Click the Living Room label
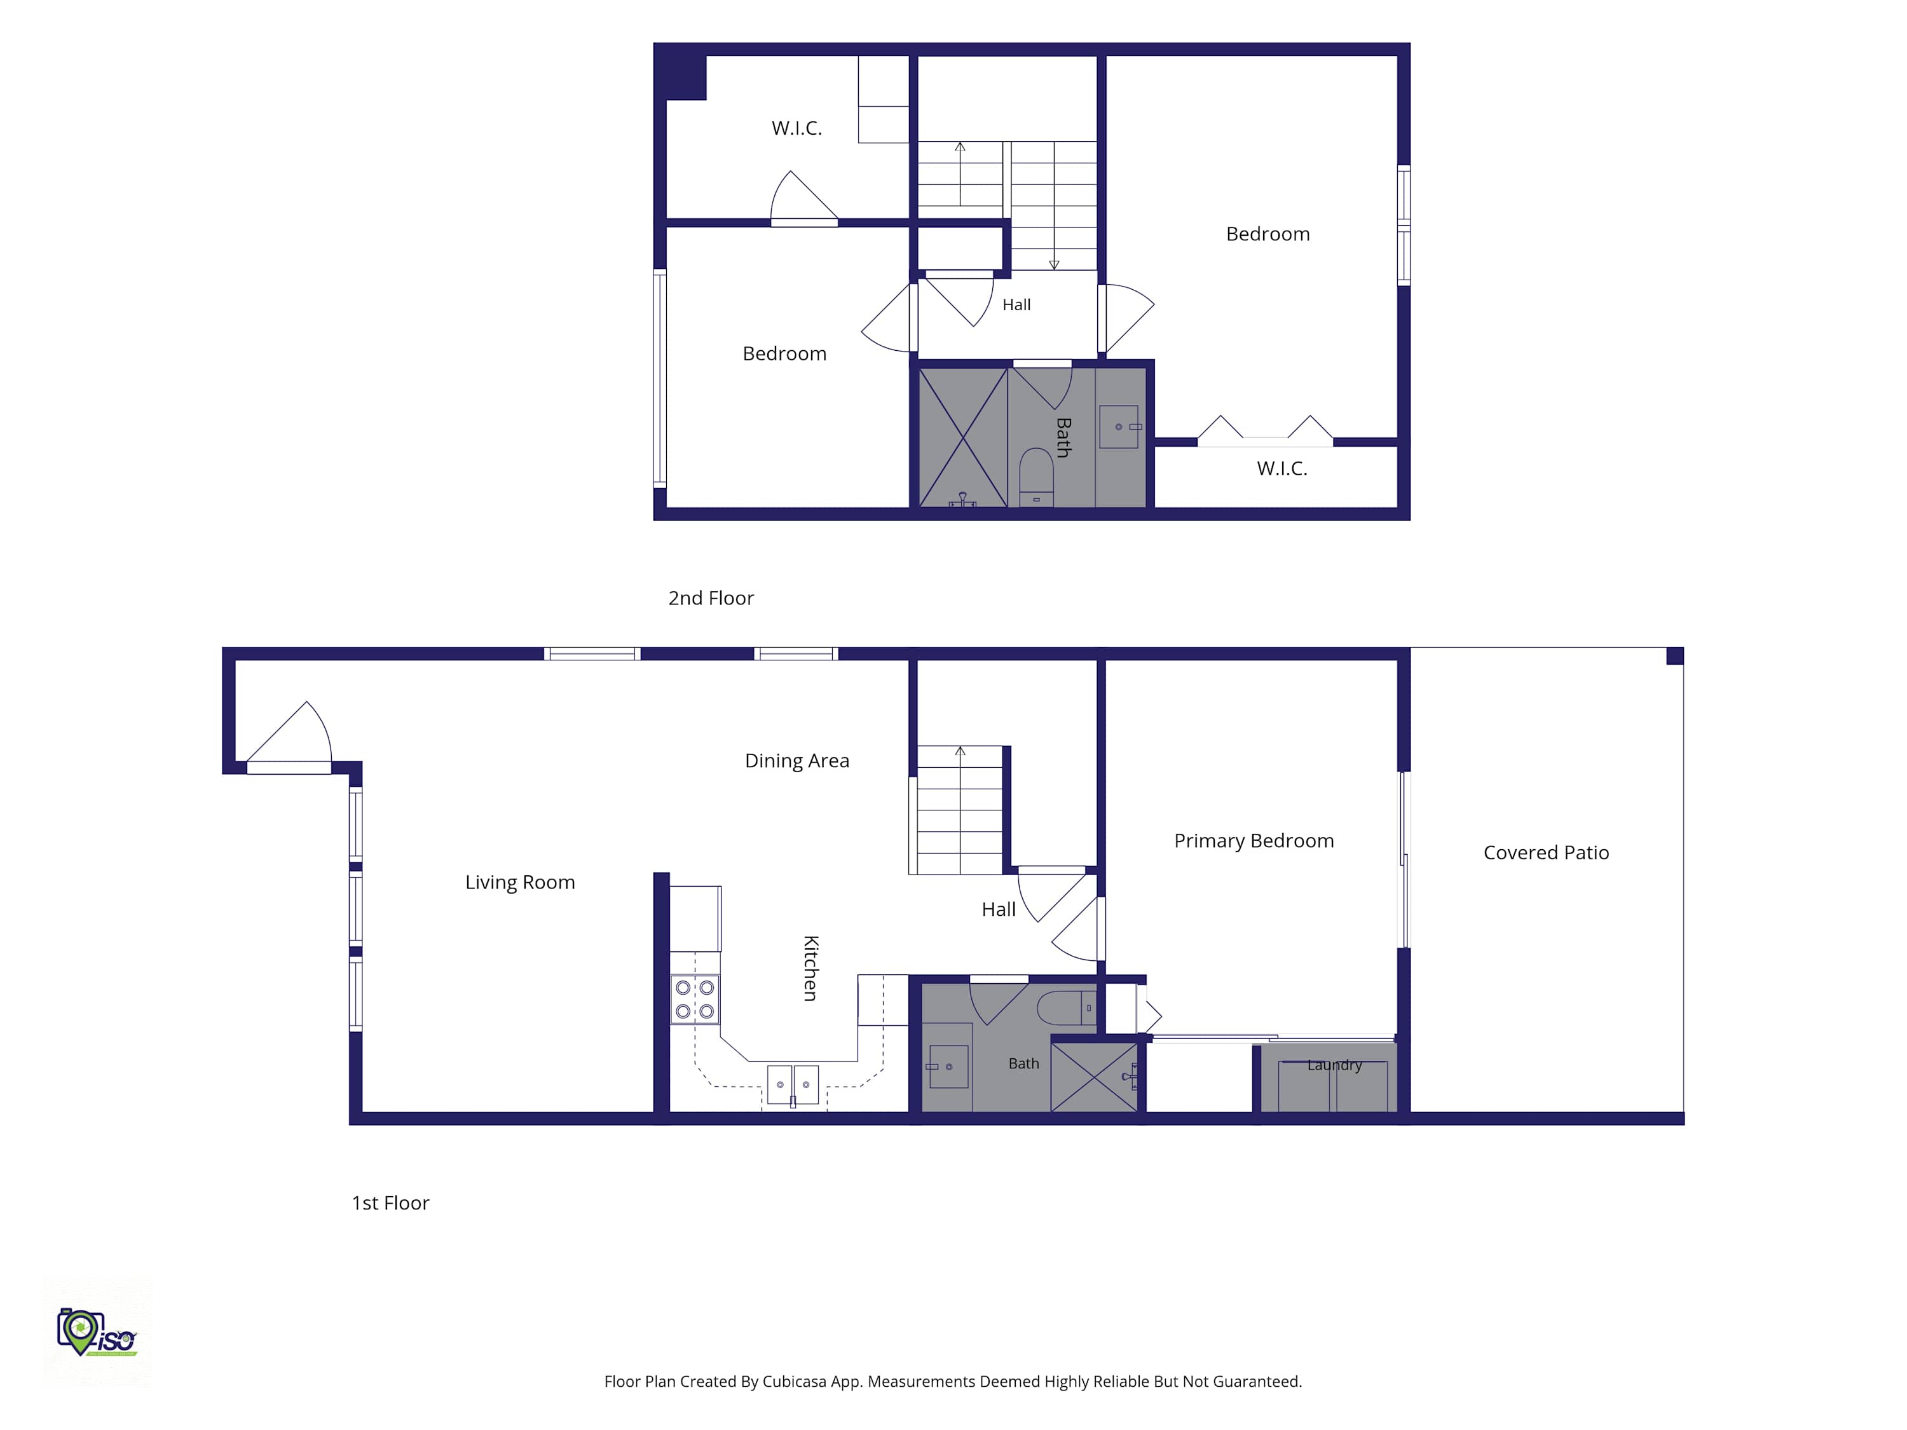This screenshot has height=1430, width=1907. coord(520,882)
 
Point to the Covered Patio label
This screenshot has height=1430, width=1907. coord(1546,852)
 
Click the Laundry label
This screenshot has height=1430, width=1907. coord(1334,1065)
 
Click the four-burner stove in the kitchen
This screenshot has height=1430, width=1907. coord(695,999)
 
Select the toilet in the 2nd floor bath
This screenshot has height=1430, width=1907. coord(1036,477)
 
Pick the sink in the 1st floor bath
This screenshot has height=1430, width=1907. coord(948,1066)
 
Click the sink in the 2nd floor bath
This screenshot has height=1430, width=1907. coord(1118,426)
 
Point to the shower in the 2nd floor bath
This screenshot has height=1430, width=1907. coord(963,437)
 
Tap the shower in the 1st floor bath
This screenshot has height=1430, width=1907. coord(1094,1077)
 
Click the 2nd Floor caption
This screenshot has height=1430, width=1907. coord(711,598)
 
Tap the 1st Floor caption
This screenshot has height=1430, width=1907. coord(390,1203)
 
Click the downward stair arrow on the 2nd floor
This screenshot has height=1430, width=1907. coord(1053,206)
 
